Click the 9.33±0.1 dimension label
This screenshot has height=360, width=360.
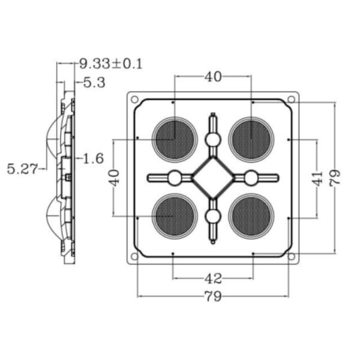coord(111,64)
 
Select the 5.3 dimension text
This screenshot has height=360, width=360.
coord(94,83)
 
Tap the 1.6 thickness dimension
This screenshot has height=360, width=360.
coord(93,158)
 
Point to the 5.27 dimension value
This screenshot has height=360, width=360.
coord(22,169)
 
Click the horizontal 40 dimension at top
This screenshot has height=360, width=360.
coord(213,77)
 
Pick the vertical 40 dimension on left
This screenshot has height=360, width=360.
coord(114,178)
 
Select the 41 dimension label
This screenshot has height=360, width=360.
coord(317,178)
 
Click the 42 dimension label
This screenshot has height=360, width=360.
coord(213,278)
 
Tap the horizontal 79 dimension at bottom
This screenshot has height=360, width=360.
coord(213,296)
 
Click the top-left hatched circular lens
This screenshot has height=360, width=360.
coord(175,140)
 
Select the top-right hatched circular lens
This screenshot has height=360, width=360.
coord(251,140)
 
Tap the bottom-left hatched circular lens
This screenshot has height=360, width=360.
coord(175,216)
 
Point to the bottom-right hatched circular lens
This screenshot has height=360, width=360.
coord(251,216)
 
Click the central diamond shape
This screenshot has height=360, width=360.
coord(213,178)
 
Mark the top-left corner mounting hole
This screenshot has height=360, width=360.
coord(134,100)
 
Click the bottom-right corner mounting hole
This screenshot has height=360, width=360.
coord(292,256)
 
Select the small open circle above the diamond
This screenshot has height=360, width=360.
coord(213,140)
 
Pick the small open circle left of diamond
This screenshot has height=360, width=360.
coord(175,178)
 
